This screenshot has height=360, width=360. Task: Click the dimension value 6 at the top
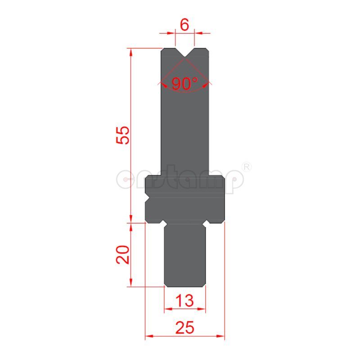coord(184,25)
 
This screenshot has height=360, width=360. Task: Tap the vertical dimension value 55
coord(122,135)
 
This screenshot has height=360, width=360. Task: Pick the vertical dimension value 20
coord(122,254)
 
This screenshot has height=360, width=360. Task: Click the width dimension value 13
coord(185,300)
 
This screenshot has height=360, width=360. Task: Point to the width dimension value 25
coord(185,328)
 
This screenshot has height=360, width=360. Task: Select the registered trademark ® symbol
coord(246,167)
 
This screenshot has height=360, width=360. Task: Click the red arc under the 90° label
coord(184,91)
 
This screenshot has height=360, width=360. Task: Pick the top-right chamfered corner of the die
coord(207,51)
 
